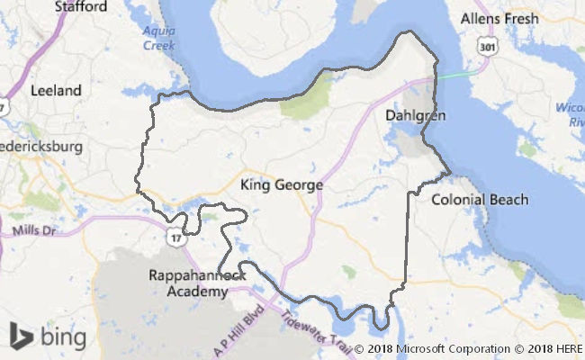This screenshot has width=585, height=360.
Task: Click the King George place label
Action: pos(282,184)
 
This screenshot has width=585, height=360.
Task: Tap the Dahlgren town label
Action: pos(415,116)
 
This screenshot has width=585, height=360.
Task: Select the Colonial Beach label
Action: pos(480,199)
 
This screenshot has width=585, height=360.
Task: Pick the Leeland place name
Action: pos(56,90)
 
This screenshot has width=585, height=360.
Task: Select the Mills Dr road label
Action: pos(34,231)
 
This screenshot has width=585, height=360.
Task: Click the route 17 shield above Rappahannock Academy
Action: pos(175,239)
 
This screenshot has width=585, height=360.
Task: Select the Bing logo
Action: pos(48,337)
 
